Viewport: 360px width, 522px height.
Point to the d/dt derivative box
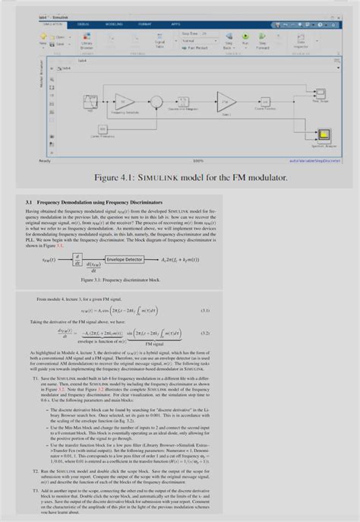click(x=77, y=259)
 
